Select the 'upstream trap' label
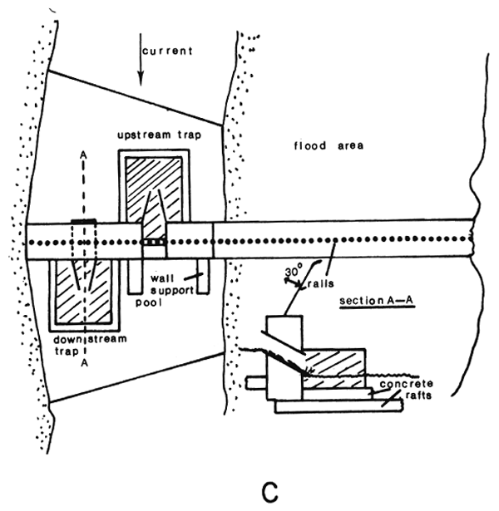coord(149,134)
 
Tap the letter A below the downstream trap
coord(82,363)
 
